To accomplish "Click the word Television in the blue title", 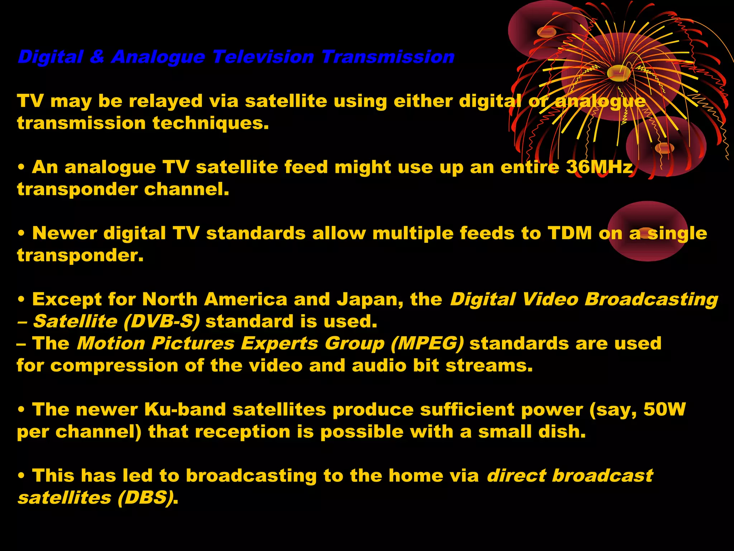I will pyautogui.click(x=263, y=57).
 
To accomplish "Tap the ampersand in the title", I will pyautogui.click(x=97, y=57).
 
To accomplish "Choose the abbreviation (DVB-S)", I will pyautogui.click(x=162, y=321).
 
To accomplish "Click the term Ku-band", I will pyautogui.click(x=185, y=410).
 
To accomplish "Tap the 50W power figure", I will pyautogui.click(x=664, y=410).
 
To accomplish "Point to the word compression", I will pyautogui.click(x=114, y=366).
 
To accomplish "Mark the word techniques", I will pyautogui.click(x=210, y=123).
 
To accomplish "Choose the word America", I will pyautogui.click(x=246, y=300).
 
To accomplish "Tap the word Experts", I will pyautogui.click(x=279, y=343).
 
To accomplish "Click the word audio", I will pyautogui.click(x=379, y=366).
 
